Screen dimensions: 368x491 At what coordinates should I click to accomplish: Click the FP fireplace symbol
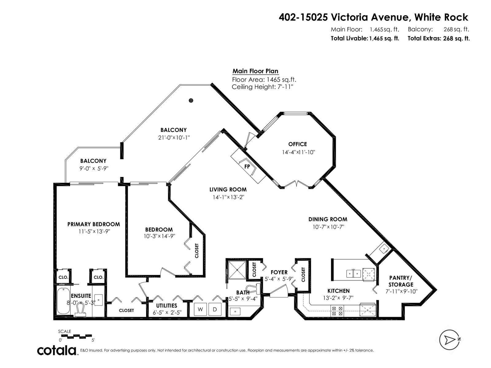coord(247,166)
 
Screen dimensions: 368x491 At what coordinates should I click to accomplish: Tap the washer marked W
coord(200,309)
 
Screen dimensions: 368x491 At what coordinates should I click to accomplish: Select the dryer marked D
coord(215,309)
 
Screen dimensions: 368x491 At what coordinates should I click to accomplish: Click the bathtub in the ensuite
coord(64,301)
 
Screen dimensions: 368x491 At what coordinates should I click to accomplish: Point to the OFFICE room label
coord(297,144)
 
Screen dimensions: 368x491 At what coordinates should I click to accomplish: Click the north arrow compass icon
coord(449,339)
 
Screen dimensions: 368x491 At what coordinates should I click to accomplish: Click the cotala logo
coord(57,350)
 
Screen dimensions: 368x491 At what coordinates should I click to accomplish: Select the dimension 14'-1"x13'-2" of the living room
coord(228,197)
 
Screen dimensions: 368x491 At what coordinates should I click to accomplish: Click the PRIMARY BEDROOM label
coord(94,224)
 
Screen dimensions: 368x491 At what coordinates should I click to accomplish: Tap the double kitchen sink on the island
coord(353,273)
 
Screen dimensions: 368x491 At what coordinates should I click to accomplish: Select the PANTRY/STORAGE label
coord(401,281)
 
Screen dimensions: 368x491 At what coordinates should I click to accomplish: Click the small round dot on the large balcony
coord(191,100)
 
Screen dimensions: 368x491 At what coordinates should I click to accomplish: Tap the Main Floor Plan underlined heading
coord(255,71)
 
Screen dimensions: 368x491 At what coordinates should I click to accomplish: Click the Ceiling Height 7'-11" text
coord(262,87)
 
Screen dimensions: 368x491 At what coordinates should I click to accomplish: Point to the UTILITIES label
coord(166,305)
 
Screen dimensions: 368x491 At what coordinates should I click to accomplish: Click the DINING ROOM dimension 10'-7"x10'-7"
coord(328,227)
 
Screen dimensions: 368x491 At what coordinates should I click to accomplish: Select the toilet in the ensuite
coord(81,310)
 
